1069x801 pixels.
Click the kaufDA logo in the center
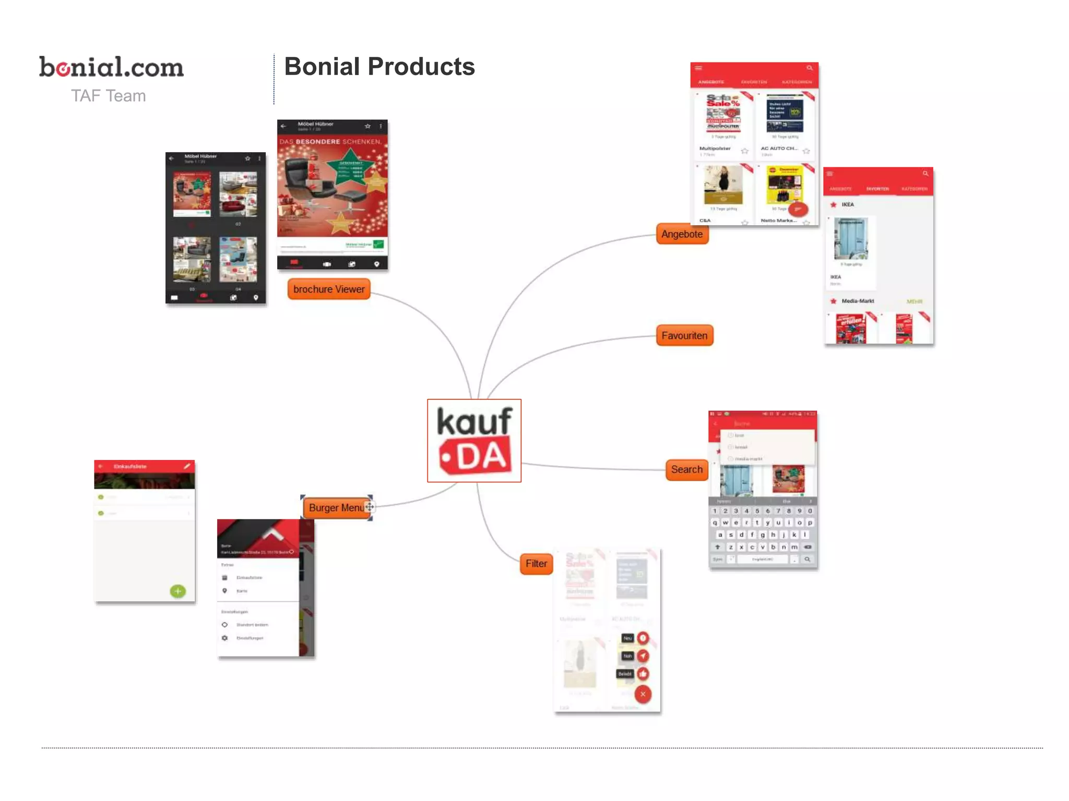point(474,441)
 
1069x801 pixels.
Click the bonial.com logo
point(111,67)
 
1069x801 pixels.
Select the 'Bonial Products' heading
point(379,67)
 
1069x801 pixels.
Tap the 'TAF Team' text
point(108,96)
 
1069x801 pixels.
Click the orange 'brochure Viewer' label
point(329,289)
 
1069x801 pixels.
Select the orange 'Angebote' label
point(682,234)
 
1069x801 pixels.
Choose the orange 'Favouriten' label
point(684,336)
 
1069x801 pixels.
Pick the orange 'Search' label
point(686,470)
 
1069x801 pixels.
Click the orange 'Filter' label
point(536,564)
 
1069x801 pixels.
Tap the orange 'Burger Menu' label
point(336,508)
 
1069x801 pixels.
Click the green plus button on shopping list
point(177,591)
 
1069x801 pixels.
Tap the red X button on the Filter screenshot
point(643,694)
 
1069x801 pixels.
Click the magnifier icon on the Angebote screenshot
point(810,68)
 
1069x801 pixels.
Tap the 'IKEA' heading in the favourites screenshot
point(848,205)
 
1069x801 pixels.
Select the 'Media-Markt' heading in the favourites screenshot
point(858,301)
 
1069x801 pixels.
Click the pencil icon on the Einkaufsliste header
point(187,466)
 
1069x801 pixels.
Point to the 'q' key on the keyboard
point(715,523)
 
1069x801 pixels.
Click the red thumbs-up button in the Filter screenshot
point(643,674)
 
